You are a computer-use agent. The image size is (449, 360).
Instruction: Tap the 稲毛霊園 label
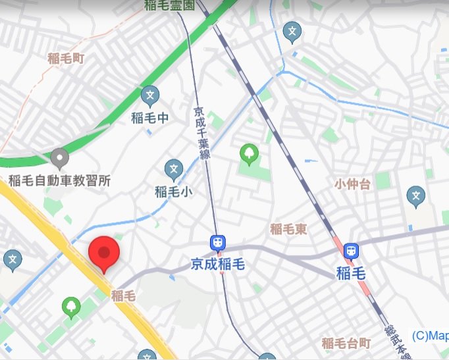169,6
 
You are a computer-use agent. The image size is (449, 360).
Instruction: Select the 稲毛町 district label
66,58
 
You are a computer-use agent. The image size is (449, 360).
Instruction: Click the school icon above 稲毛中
150,95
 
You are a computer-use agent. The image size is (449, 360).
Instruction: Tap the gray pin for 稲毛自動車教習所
60,158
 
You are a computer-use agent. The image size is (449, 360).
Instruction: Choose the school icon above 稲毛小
174,169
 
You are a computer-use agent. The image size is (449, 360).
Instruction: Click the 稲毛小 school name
174,192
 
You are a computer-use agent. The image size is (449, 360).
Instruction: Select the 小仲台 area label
353,184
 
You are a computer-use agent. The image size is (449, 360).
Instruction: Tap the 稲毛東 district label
290,229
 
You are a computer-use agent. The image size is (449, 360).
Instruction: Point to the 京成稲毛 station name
218,265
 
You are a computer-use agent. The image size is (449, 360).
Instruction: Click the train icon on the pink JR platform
352,250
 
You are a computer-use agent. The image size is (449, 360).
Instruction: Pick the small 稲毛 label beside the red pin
123,296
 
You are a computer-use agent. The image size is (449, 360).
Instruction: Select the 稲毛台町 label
346,343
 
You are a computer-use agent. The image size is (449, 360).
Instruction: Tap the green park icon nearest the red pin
71,305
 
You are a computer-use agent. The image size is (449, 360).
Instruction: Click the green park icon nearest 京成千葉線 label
249,153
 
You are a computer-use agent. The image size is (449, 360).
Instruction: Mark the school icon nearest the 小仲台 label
415,195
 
